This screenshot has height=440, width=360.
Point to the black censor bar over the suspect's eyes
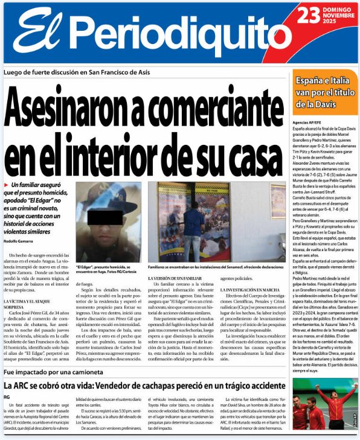point(105,216)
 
